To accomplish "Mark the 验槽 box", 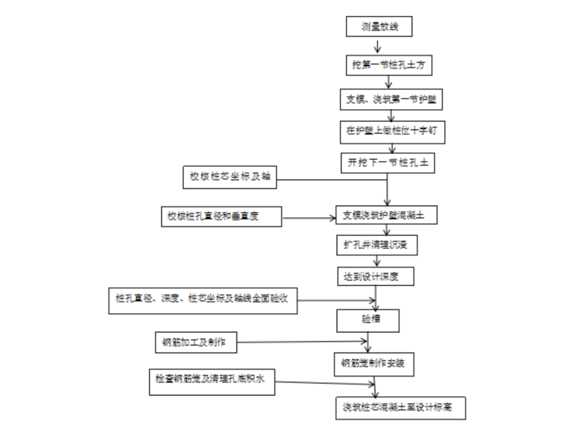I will pyautogui.click(x=369, y=320).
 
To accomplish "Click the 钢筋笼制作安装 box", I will pyautogui.click(x=373, y=363).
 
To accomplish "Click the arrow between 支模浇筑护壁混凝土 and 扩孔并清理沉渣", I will pyautogui.click(x=379, y=231).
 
